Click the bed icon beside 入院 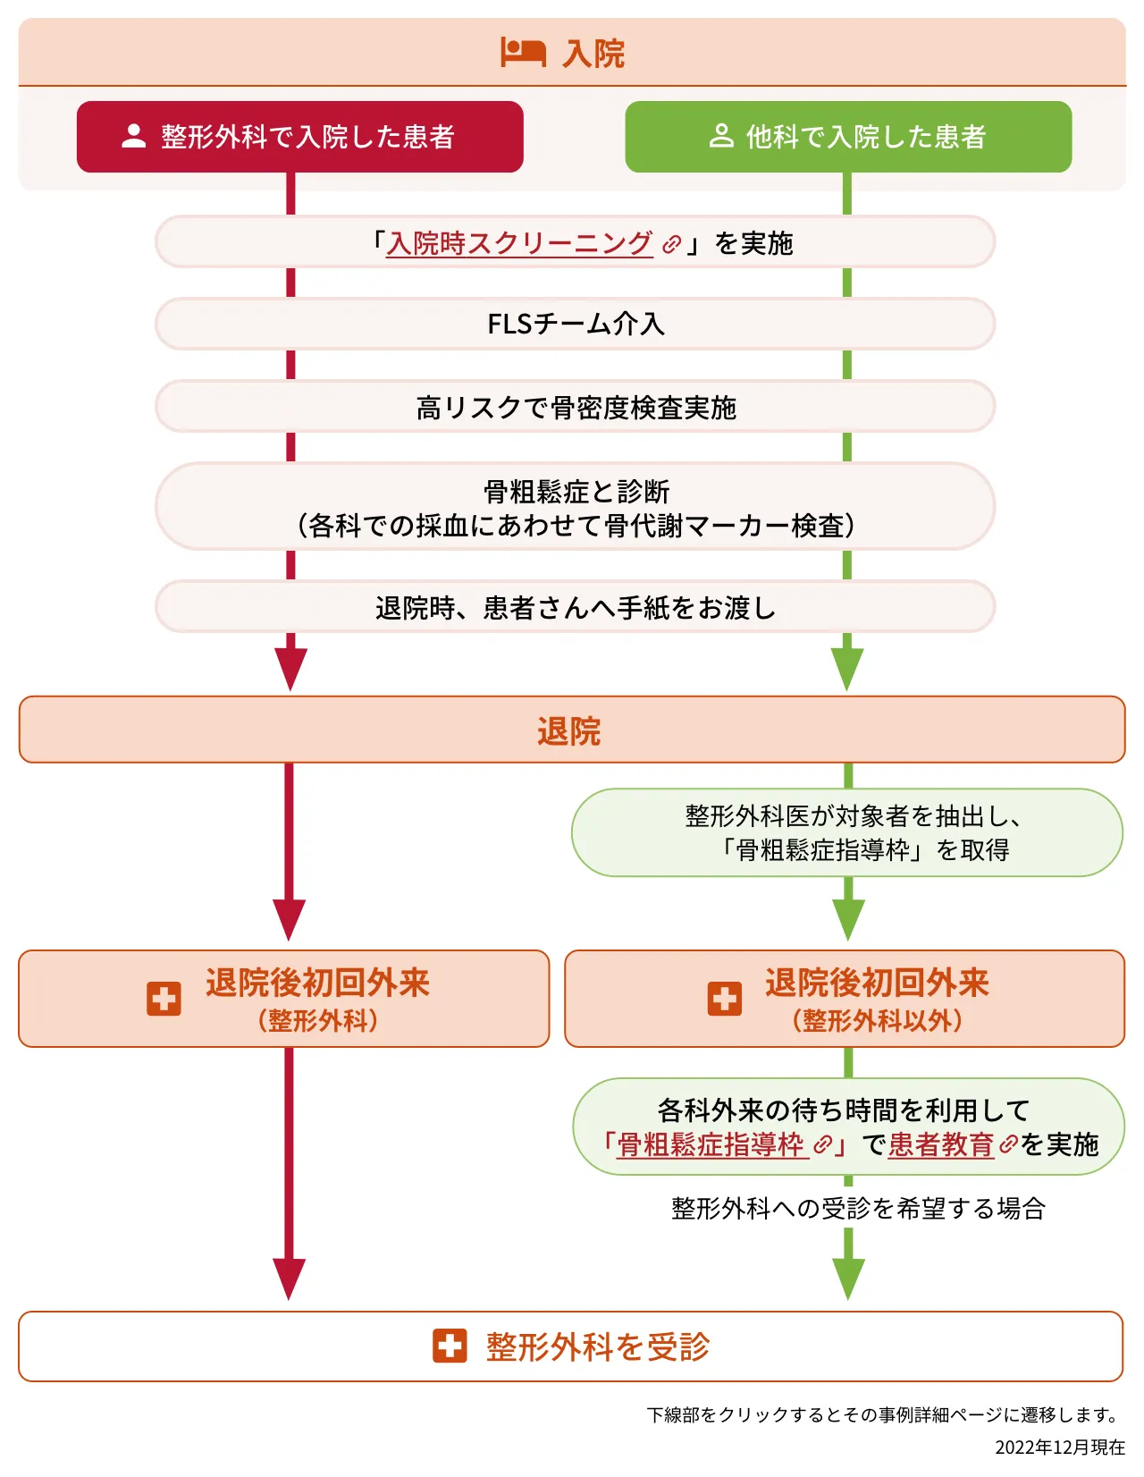click(x=523, y=52)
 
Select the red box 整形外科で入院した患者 click(x=300, y=137)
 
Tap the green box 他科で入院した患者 click(x=848, y=137)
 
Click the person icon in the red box click(x=134, y=136)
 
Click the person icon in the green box click(x=721, y=136)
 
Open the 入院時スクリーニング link click(x=520, y=243)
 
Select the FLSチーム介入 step click(x=576, y=324)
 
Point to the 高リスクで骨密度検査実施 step click(x=576, y=408)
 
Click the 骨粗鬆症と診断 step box click(x=576, y=507)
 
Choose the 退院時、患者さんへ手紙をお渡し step click(x=576, y=608)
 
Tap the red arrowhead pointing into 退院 click(x=290, y=668)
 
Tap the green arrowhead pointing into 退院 click(x=847, y=668)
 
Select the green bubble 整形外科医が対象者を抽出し click(x=847, y=832)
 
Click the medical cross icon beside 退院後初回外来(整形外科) click(x=164, y=999)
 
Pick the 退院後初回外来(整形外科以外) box click(x=845, y=999)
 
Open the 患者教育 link click(x=941, y=1145)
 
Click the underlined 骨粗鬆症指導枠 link click(x=711, y=1145)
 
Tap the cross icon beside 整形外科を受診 click(x=450, y=1346)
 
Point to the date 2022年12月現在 click(x=1060, y=1447)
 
